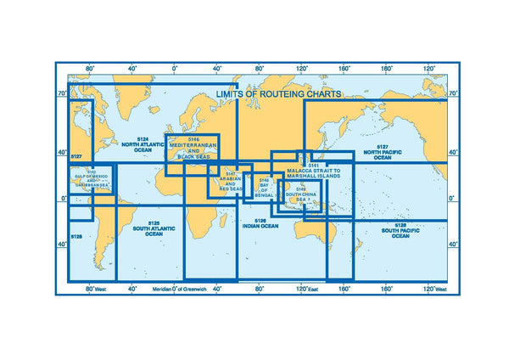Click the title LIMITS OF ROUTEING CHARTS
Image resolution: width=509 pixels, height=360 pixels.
click(x=279, y=93)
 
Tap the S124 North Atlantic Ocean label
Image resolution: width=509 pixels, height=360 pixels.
click(x=143, y=147)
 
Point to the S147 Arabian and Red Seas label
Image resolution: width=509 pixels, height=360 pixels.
click(x=231, y=183)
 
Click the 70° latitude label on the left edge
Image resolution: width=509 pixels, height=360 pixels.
click(x=62, y=93)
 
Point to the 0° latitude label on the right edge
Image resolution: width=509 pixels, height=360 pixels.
click(x=452, y=199)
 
